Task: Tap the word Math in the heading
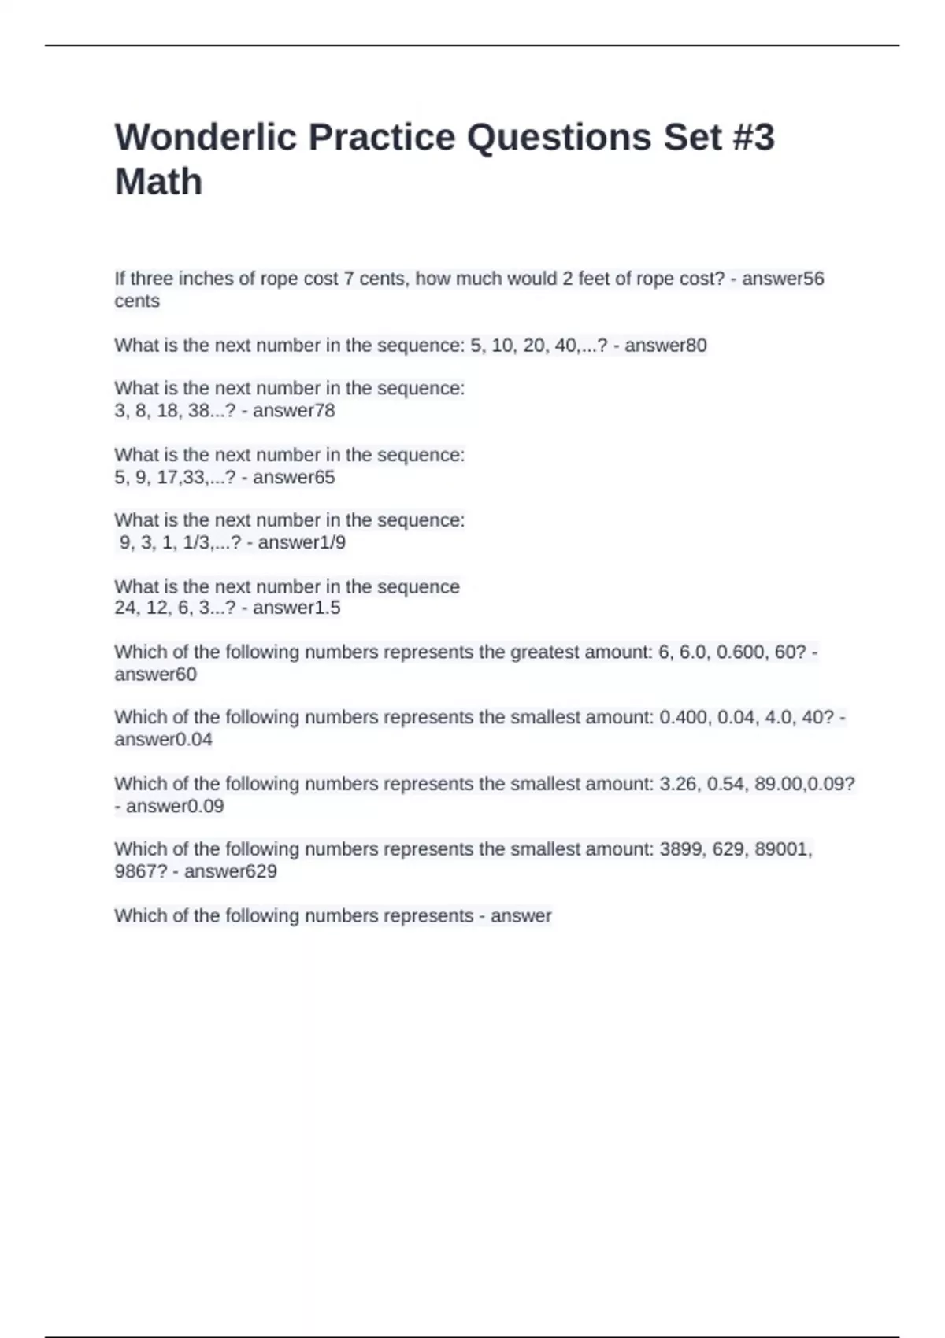point(158,182)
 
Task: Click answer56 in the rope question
point(783,279)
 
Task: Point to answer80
point(665,346)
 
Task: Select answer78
point(294,411)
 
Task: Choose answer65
point(294,478)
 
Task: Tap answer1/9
point(302,542)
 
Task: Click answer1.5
point(296,608)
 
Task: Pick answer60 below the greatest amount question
point(155,675)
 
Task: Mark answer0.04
point(163,740)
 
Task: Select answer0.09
point(175,807)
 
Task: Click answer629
point(230,871)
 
